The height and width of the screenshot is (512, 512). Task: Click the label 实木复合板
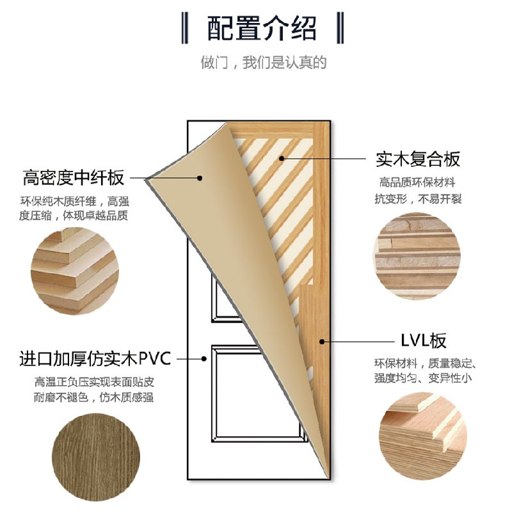(x=417, y=158)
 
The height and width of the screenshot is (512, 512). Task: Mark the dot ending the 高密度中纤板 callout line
(x=200, y=178)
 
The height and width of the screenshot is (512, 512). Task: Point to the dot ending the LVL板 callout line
(x=324, y=340)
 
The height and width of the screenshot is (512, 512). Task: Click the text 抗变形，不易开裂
(x=417, y=198)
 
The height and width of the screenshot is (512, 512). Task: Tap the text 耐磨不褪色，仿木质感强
(x=94, y=397)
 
